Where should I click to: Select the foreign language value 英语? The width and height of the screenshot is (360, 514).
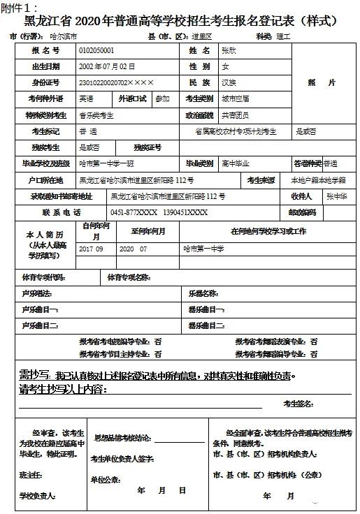click(x=87, y=99)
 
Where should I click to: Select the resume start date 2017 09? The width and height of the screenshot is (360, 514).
click(x=91, y=249)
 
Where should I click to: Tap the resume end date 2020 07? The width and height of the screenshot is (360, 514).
click(x=134, y=249)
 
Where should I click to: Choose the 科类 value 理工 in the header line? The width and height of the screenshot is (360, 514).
click(x=283, y=36)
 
